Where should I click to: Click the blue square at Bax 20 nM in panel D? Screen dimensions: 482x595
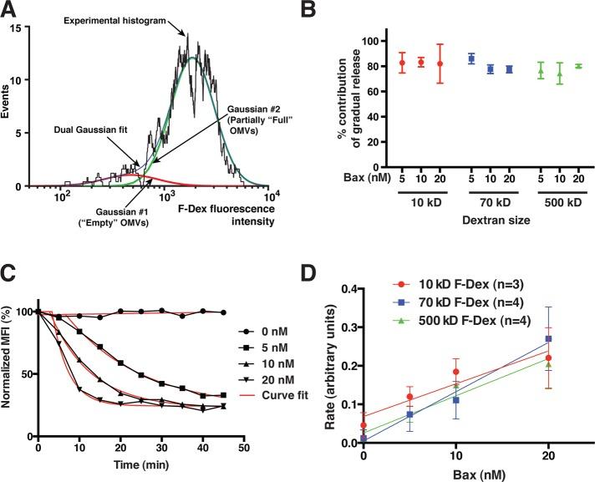coord(548,339)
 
